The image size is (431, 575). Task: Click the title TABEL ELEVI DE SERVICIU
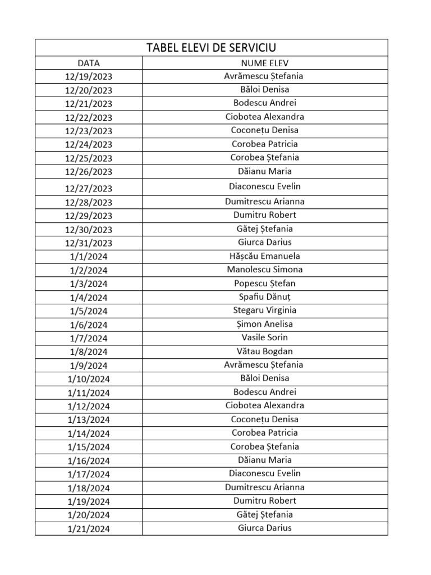212,47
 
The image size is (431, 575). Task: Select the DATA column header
89,63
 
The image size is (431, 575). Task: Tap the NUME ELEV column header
265,63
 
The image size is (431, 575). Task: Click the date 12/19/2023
89,76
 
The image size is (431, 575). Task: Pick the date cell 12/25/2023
89,158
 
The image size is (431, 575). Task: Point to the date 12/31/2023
89,243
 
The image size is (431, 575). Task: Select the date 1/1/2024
89,257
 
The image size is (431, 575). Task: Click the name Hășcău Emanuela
265,256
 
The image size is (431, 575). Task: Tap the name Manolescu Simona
265,270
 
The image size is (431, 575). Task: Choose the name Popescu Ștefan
265,284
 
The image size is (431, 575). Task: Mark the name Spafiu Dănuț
265,297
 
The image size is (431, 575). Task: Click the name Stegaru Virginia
265,311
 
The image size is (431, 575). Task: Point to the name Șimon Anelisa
265,324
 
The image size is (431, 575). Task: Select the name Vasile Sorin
265,337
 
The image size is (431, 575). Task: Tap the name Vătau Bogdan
265,352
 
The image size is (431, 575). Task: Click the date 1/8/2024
89,352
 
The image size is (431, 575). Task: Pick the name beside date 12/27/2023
265,186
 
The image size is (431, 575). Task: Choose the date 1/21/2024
89,529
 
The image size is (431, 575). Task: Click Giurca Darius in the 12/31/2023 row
265,243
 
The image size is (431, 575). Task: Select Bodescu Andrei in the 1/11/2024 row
265,392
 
